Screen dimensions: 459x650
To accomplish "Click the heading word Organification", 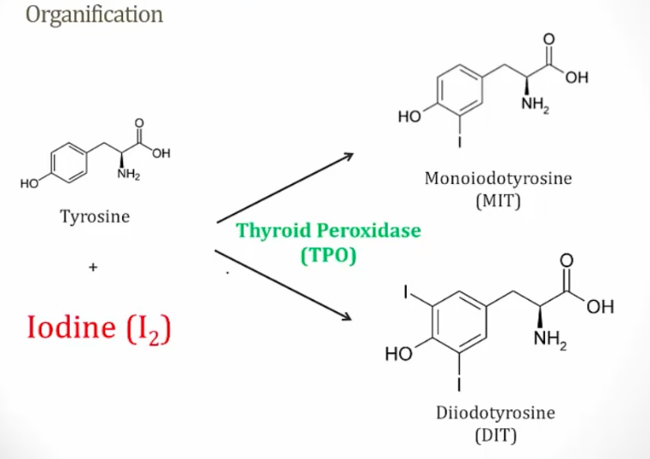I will tap(95, 15).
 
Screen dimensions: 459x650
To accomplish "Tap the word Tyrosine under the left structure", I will tap(95, 216).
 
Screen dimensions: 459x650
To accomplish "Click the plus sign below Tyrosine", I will tap(93, 268).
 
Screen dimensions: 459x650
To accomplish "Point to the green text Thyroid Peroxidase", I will tap(329, 232).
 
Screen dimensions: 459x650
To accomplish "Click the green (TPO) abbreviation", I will tap(328, 254).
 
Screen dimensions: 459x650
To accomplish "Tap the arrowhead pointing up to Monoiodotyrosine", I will tap(348, 156).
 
